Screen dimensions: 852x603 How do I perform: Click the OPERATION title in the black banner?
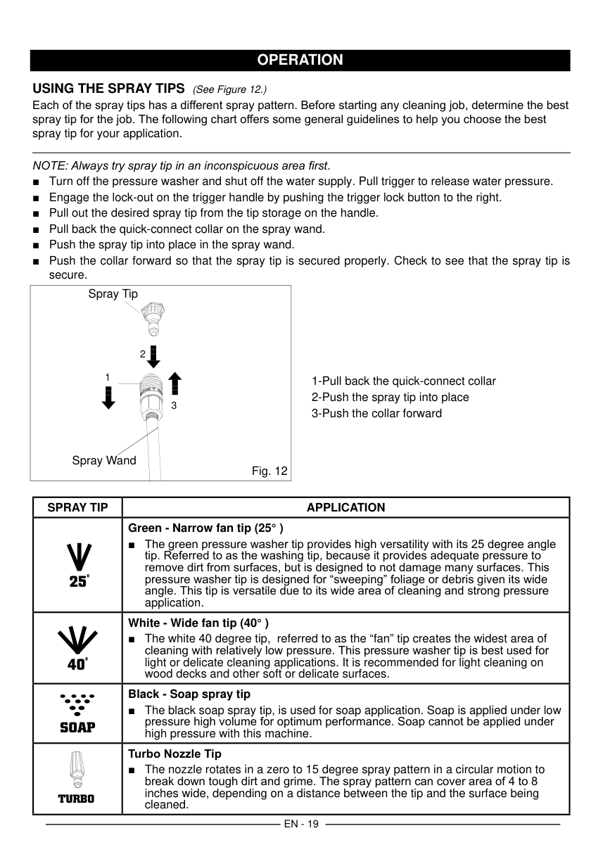pyautogui.click(x=300, y=60)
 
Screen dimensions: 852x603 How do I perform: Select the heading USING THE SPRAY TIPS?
pyautogui.click(x=109, y=89)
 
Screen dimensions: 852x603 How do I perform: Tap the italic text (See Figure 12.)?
pyautogui.click(x=229, y=89)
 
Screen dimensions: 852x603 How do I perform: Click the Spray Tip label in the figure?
pyautogui.click(x=113, y=294)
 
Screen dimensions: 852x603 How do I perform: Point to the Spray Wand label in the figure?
pyautogui.click(x=104, y=461)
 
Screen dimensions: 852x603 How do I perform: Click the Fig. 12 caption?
pyautogui.click(x=269, y=471)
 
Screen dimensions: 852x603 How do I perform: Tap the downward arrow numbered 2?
pyautogui.click(x=153, y=355)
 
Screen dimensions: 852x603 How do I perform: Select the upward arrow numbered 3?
pyautogui.click(x=175, y=383)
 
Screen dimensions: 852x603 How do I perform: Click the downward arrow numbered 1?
pyautogui.click(x=108, y=396)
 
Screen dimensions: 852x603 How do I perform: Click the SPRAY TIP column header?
pyautogui.click(x=77, y=507)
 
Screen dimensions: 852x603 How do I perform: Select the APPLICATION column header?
pyautogui.click(x=345, y=507)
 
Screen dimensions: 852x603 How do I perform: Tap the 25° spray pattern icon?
pyautogui.click(x=77, y=565)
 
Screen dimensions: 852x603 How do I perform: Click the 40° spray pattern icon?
pyautogui.click(x=77, y=648)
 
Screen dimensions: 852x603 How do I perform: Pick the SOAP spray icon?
pyautogui.click(x=77, y=713)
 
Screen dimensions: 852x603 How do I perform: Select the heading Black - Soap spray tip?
pyautogui.click(x=189, y=694)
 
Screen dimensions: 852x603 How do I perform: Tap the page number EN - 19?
pyautogui.click(x=301, y=824)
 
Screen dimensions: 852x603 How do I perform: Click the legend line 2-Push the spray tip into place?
pyautogui.click(x=391, y=398)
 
